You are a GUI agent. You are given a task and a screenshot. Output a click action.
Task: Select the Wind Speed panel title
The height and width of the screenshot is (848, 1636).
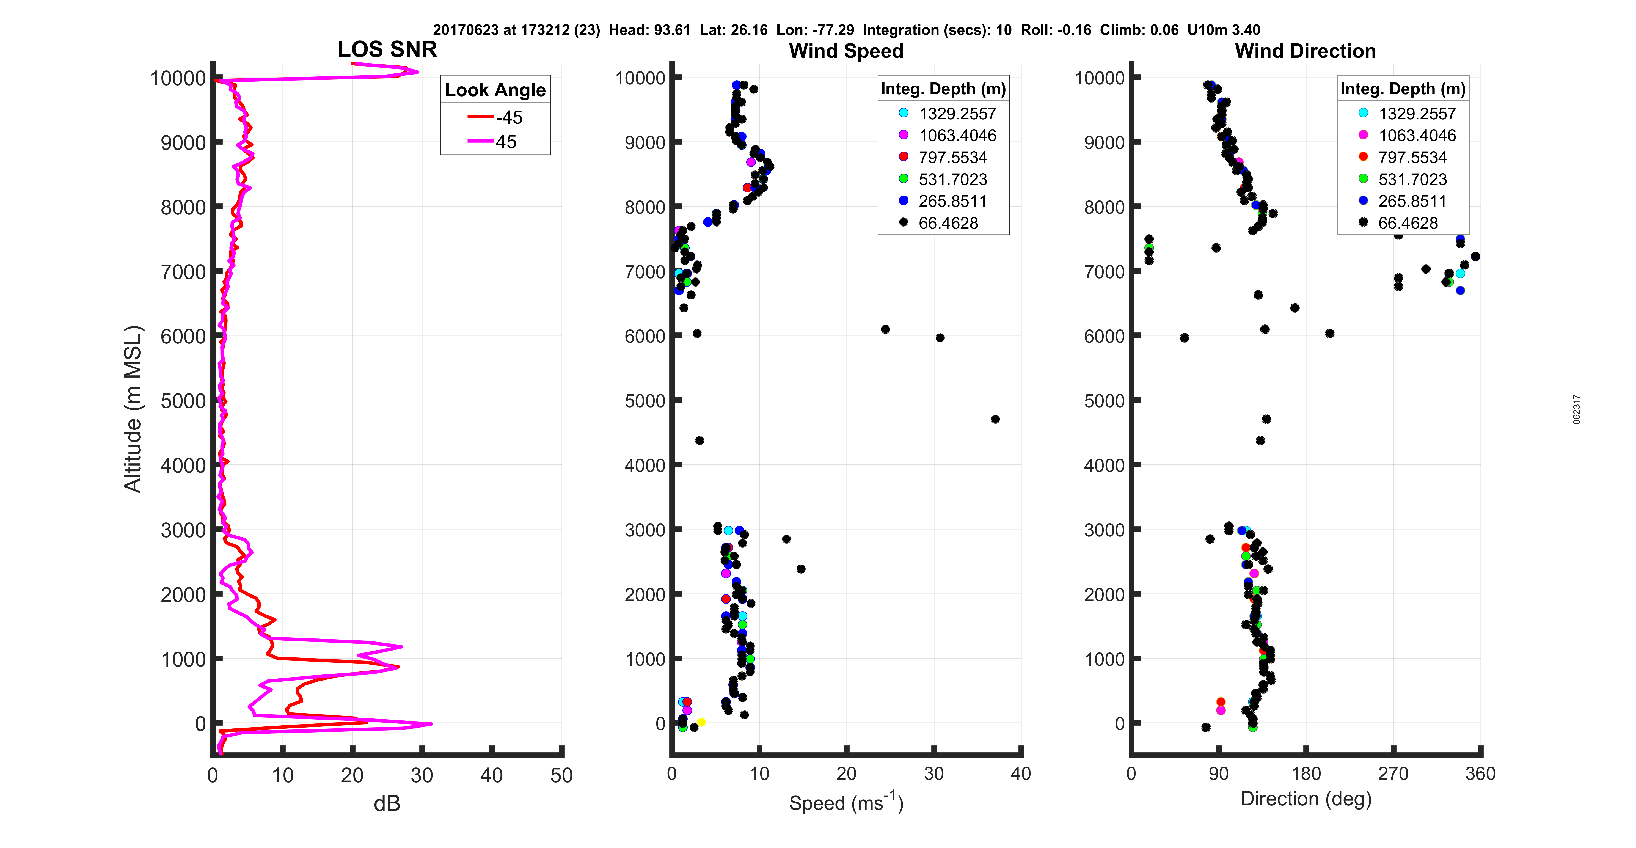tap(846, 51)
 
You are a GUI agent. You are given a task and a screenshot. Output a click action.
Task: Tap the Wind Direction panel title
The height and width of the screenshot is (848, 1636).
tap(1305, 51)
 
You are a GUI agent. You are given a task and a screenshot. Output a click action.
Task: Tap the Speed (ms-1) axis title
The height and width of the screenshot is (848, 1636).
tap(846, 802)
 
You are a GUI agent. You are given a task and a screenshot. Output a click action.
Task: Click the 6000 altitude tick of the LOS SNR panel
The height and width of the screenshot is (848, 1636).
tap(183, 337)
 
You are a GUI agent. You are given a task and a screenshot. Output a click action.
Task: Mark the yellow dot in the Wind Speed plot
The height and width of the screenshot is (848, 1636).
tap(701, 722)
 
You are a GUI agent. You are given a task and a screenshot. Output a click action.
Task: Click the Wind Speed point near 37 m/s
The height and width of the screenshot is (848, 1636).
tap(995, 419)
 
